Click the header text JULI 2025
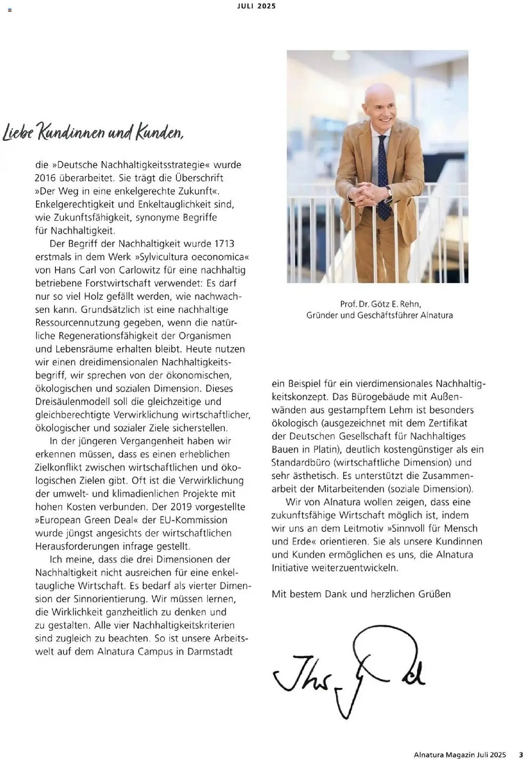tap(257, 6)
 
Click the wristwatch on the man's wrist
tap(388, 192)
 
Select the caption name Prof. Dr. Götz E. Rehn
tap(381, 304)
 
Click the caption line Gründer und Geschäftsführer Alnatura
tap(379, 315)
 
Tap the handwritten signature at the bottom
tap(349, 674)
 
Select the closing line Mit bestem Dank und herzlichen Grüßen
tap(361, 594)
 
